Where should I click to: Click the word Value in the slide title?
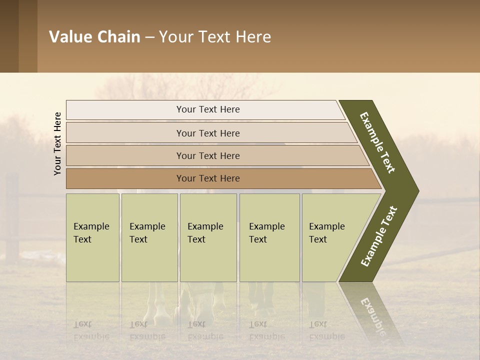[x=70, y=37]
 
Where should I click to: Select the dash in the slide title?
[x=149, y=37]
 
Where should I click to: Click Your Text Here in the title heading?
[x=215, y=37]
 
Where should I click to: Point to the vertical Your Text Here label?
[x=57, y=144]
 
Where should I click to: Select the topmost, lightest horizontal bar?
[x=207, y=109]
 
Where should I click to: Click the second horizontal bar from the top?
[x=207, y=133]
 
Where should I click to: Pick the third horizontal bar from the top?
[x=207, y=155]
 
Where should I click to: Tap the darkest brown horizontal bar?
[x=207, y=178]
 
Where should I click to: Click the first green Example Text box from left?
[x=92, y=237]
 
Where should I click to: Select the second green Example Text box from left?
[x=149, y=237]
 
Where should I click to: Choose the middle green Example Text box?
[x=208, y=237]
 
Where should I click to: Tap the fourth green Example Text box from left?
[x=269, y=237]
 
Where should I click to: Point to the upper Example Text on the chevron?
[x=377, y=142]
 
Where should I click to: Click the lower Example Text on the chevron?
[x=379, y=236]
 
